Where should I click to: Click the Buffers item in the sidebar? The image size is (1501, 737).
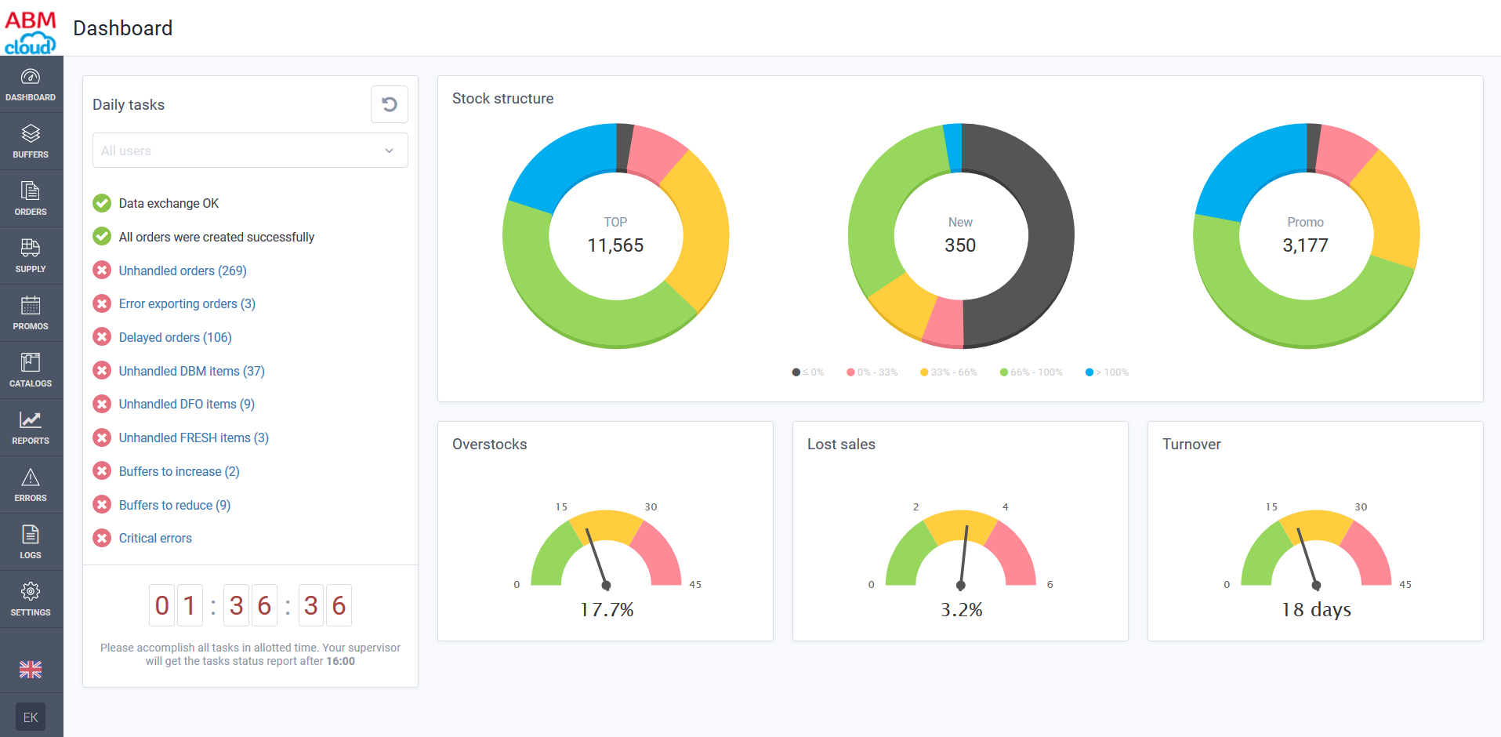(31, 141)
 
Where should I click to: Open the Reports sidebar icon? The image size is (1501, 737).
(31, 427)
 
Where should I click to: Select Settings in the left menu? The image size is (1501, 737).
(31, 599)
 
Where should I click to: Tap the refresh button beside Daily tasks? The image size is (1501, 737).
(390, 104)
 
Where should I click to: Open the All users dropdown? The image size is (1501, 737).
(250, 151)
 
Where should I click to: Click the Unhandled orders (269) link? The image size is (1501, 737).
(183, 270)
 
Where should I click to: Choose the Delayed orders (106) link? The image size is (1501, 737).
(176, 337)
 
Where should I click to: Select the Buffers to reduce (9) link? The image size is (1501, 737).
(175, 505)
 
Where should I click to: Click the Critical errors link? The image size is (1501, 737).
(155, 538)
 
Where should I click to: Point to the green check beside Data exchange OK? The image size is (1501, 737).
(102, 203)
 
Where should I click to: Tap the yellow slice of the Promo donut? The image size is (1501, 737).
(1391, 208)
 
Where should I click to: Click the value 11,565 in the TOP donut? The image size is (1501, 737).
(615, 245)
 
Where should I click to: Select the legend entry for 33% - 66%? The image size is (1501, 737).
(949, 372)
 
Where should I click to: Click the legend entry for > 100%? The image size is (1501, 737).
(1108, 372)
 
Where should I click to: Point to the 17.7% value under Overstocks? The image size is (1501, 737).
(607, 610)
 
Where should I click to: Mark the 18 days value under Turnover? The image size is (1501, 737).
(1316, 610)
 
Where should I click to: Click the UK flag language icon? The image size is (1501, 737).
(31, 670)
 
